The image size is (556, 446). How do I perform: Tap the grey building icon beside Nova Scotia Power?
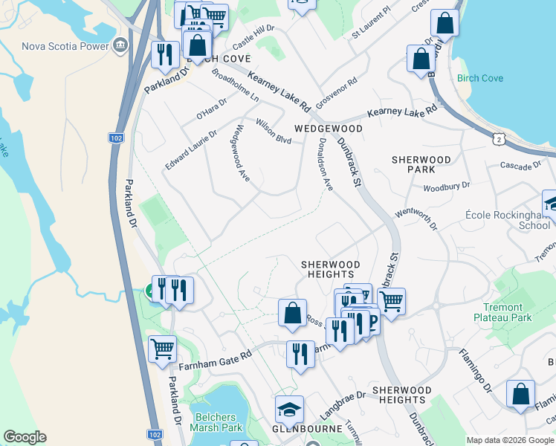(x=120, y=48)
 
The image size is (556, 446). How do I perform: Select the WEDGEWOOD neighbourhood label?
(x=328, y=129)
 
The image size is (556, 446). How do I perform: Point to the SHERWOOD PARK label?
(x=421, y=164)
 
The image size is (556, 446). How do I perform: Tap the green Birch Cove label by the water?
(x=480, y=79)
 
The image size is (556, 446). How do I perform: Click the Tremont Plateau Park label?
(x=502, y=312)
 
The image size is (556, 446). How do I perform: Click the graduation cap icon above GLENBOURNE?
(x=289, y=408)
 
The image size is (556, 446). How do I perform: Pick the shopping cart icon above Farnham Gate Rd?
(x=162, y=348)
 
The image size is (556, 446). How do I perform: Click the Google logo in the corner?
(x=25, y=437)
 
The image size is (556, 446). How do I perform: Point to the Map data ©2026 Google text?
(x=510, y=440)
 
